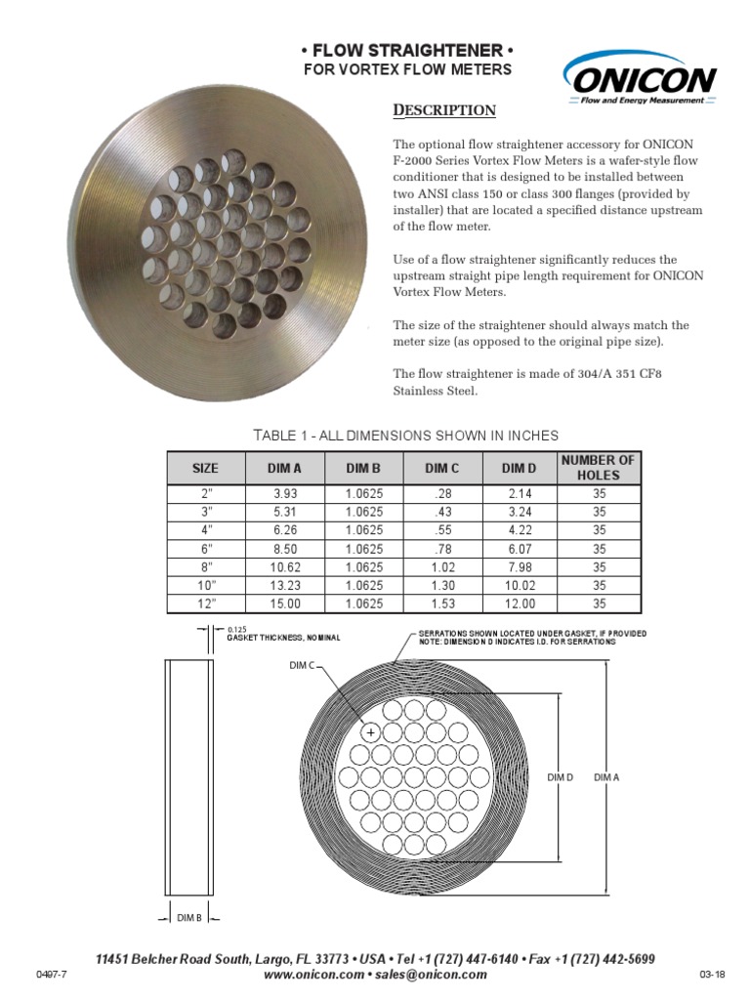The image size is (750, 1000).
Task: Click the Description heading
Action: point(443,110)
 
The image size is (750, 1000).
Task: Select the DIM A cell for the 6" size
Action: point(284,549)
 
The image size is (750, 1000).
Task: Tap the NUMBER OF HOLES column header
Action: point(599,467)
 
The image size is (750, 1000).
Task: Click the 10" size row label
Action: point(205,585)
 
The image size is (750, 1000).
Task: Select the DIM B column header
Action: point(363,468)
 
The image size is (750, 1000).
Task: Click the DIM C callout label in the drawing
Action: point(303,666)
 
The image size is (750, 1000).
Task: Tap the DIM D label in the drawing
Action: point(560,776)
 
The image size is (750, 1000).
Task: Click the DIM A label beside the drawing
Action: point(606,776)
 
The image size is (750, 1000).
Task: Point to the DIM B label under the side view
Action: point(188,917)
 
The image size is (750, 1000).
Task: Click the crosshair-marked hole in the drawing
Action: point(371,731)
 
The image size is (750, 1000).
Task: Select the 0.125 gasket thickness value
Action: point(236,630)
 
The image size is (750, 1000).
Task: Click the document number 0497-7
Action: point(50,975)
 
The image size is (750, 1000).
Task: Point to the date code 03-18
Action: point(712,975)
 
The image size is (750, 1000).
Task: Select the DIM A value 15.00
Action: point(284,604)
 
